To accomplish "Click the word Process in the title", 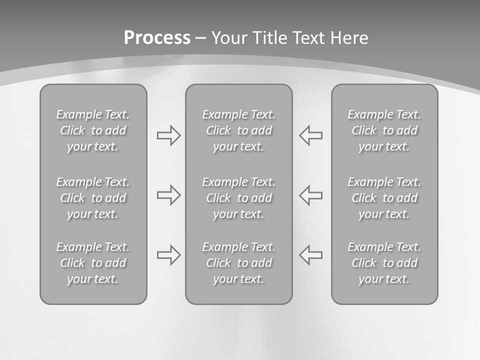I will point(157,37).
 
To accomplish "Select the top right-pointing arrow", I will point(168,135).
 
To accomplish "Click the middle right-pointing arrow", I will point(168,195).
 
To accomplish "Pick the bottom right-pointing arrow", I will point(168,255).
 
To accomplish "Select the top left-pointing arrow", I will point(311,135).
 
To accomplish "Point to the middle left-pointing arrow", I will point(311,195).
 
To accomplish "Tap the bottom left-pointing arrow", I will point(311,255).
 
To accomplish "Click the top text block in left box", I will point(93,130).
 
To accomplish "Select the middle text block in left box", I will point(93,198).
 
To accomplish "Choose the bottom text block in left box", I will point(93,263).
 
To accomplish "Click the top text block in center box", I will point(239,130).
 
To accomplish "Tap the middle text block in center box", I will point(239,198).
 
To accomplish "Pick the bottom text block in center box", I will point(239,263).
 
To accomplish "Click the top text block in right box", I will point(384,130).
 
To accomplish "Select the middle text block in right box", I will point(384,198).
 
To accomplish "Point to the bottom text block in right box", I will point(384,263).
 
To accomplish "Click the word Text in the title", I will point(308,37).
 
